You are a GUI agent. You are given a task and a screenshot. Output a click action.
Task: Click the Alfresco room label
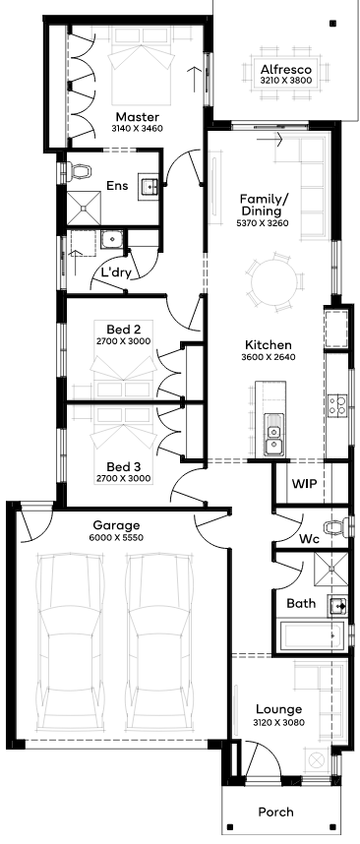(286, 70)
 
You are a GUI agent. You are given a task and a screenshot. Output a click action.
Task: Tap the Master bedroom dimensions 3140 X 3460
(137, 129)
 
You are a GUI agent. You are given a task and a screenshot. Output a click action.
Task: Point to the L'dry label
(116, 272)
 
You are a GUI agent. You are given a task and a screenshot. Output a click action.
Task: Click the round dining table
(273, 282)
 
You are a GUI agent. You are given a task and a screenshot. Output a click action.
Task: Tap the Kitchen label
(268, 345)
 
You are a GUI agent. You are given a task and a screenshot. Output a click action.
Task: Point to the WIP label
(304, 483)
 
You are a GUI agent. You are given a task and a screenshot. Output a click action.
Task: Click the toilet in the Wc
(337, 527)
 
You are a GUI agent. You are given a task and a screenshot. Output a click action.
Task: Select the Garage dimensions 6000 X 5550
(116, 537)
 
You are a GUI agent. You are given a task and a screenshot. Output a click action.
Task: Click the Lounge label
(278, 709)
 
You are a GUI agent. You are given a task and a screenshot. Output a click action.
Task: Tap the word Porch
(275, 812)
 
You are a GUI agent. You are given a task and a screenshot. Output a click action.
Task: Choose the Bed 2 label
(123, 329)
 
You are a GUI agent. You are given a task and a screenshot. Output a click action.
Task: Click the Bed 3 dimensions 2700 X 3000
(123, 478)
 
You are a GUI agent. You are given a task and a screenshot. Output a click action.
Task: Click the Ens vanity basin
(149, 186)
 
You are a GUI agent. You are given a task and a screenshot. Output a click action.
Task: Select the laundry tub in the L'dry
(112, 238)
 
